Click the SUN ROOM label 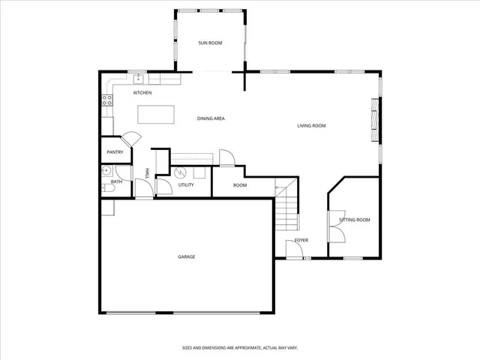point(210,43)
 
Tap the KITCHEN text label point(142,93)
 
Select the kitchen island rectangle point(156,114)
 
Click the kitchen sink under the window point(139,78)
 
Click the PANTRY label point(114,152)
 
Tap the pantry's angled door point(131,138)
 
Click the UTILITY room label point(186,184)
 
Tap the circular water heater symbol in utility point(180,172)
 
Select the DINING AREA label point(211,118)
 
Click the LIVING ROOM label point(311,126)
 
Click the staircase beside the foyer point(287,210)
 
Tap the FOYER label point(301,240)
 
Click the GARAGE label point(186,257)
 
